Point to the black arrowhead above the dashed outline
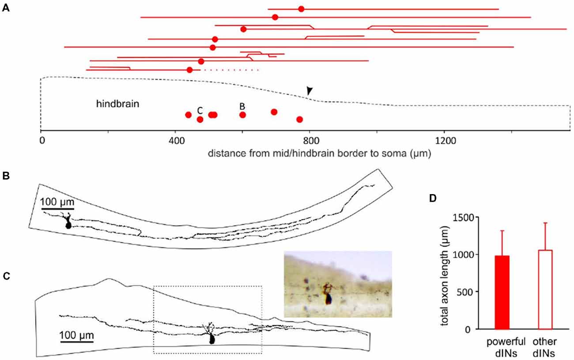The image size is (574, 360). [310, 90]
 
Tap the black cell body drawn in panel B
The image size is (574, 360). [68, 224]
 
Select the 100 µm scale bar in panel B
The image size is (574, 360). [57, 208]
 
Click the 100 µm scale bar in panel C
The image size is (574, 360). [77, 341]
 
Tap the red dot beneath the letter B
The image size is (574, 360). [242, 115]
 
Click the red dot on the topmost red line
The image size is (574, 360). [301, 9]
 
